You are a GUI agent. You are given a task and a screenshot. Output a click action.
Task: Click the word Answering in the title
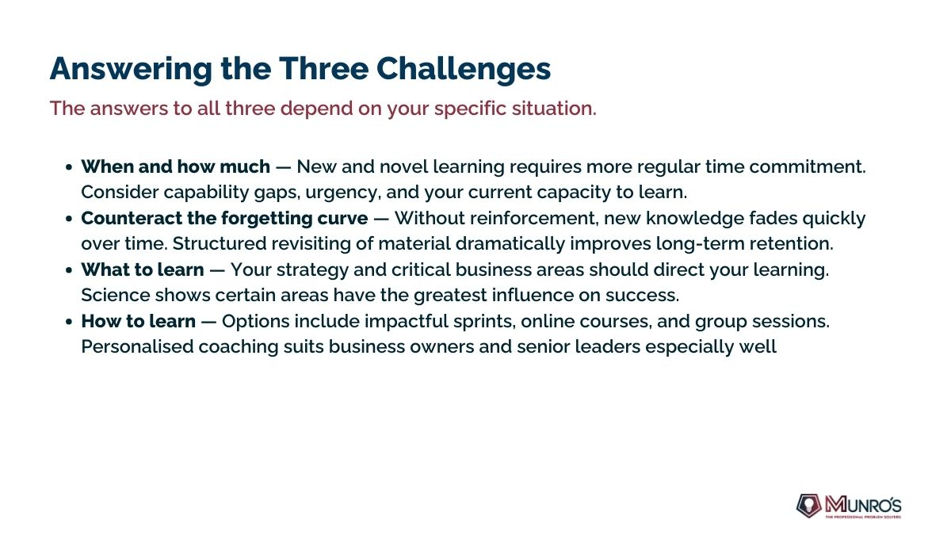(x=131, y=70)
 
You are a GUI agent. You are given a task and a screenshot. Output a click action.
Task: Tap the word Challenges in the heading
(x=464, y=68)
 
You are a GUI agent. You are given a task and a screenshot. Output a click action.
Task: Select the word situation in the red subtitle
(x=554, y=108)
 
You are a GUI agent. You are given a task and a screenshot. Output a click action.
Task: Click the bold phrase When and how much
(x=176, y=166)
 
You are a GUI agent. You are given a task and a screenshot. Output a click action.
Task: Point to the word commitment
(x=807, y=166)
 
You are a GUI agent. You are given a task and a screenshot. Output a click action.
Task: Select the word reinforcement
(x=534, y=218)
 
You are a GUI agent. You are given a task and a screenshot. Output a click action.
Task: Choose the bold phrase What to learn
(x=143, y=269)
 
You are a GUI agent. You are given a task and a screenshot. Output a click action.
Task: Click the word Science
(x=116, y=295)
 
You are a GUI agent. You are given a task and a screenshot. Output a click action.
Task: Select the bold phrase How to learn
(x=139, y=321)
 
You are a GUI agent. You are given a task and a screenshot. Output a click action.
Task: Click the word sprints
(x=485, y=322)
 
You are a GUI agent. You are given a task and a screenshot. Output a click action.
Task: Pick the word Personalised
(x=137, y=346)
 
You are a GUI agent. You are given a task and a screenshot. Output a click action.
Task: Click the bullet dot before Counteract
(x=69, y=219)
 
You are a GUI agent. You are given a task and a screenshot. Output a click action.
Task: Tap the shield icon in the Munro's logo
(x=808, y=506)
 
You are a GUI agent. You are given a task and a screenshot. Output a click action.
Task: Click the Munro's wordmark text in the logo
(x=863, y=504)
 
